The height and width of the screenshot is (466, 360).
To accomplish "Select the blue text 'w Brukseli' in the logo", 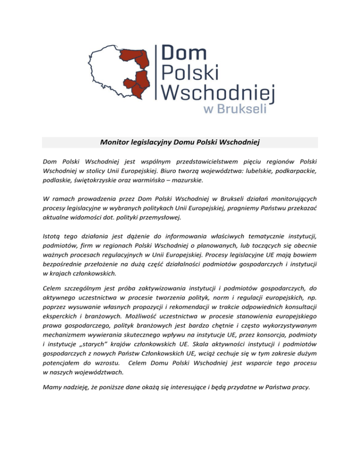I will click(234, 109).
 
